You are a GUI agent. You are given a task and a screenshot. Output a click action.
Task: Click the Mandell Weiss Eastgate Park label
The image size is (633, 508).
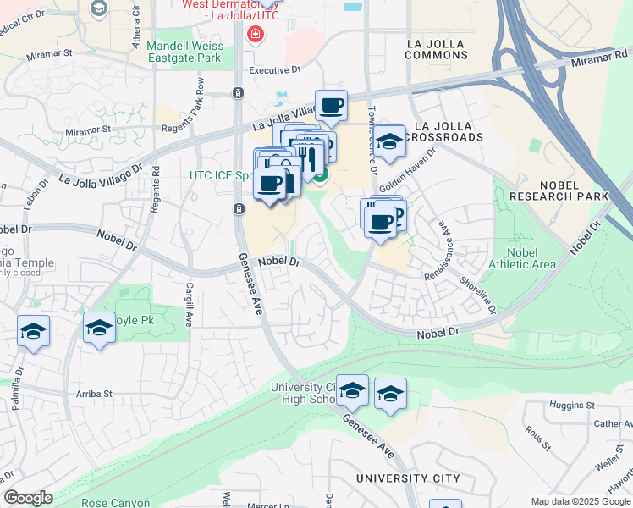coord(184,52)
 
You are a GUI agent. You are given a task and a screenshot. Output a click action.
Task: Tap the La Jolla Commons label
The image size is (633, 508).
coord(437,48)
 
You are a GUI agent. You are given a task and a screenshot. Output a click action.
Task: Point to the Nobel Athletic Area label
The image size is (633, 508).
coord(531,258)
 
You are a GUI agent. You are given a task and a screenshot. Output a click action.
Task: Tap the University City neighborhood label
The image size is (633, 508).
coord(408,478)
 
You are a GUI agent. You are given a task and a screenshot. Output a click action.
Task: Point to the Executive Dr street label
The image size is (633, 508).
coord(274,70)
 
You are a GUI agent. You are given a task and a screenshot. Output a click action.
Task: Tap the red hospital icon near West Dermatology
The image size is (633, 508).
coord(254,35)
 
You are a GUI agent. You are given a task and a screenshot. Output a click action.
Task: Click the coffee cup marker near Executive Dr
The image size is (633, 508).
coord(331,106)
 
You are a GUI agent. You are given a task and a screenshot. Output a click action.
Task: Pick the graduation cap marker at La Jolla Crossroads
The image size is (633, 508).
coord(389,141)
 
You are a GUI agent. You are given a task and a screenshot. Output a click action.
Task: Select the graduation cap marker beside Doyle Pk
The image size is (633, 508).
coord(99,328)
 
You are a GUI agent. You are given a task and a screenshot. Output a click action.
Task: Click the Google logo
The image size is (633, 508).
coord(28,498)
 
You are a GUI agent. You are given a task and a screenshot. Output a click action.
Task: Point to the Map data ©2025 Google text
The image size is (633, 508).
coord(580,501)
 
